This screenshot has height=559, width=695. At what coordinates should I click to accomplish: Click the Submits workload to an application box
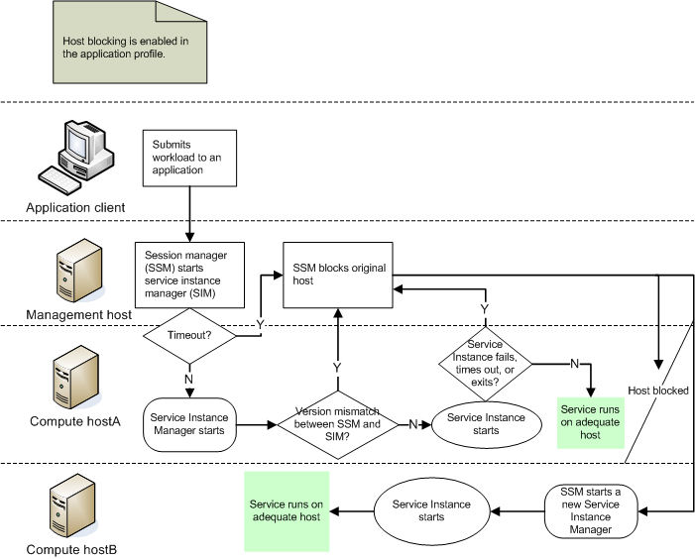[x=190, y=158]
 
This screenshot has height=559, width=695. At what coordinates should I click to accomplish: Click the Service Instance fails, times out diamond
[x=486, y=364]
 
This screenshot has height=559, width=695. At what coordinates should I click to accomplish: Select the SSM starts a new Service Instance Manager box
[x=592, y=510]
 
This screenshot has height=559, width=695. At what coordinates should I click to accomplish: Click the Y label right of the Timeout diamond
[x=260, y=324]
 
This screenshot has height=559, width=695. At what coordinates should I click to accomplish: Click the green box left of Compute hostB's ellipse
[x=287, y=511]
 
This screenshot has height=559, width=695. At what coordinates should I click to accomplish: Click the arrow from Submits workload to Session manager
[x=189, y=211]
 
